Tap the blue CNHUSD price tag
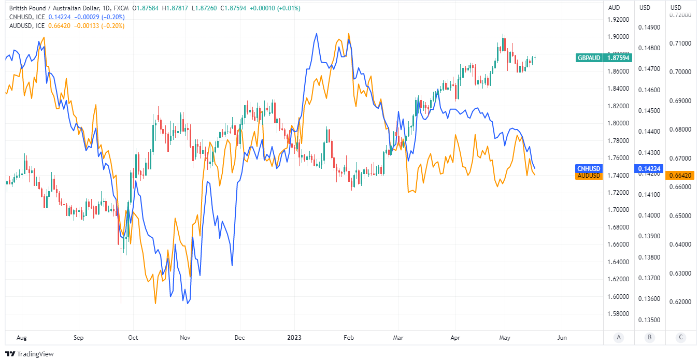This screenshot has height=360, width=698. click(x=589, y=168)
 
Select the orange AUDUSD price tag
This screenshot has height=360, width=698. click(x=589, y=176)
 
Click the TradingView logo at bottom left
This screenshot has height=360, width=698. click(x=31, y=354)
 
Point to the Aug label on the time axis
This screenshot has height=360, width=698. click(x=21, y=338)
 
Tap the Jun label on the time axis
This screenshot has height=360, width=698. click(x=562, y=338)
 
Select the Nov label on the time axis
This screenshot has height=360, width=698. click(x=185, y=338)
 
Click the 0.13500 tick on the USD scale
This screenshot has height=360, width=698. click(x=650, y=320)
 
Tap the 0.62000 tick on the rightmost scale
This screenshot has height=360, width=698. click(x=681, y=301)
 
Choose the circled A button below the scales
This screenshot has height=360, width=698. click(x=619, y=338)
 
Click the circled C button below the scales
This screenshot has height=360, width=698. click(x=681, y=338)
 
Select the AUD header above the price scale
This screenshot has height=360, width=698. click(x=614, y=8)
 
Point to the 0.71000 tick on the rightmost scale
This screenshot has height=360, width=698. click(x=681, y=44)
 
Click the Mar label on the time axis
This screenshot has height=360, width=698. click(x=397, y=338)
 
